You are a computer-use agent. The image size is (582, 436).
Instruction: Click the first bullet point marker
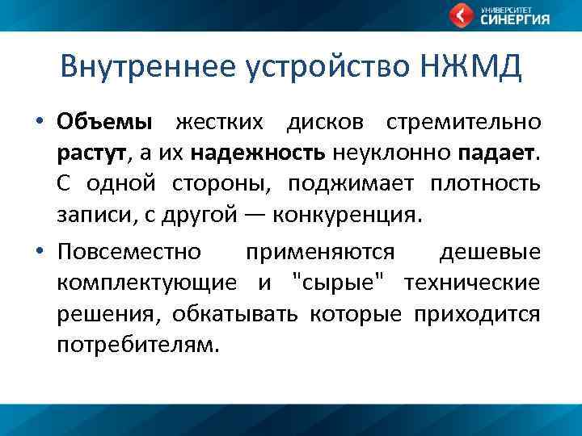(39, 123)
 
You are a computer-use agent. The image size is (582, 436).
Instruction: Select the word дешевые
(490, 252)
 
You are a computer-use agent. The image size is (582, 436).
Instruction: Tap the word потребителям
(137, 345)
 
